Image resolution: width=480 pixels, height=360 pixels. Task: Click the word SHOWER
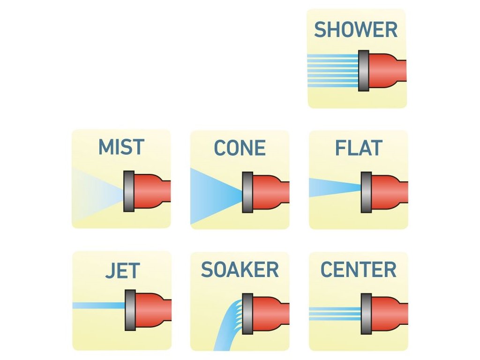(356, 30)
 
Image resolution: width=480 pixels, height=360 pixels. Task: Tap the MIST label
(121, 147)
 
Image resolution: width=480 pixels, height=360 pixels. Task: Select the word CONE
(240, 149)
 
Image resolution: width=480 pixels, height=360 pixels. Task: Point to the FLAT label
(359, 149)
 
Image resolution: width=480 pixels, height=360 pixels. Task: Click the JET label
(122, 271)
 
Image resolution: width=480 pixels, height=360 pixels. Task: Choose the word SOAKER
(240, 270)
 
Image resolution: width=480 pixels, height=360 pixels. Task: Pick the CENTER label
(358, 270)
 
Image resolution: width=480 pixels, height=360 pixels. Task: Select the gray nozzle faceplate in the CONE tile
(247, 192)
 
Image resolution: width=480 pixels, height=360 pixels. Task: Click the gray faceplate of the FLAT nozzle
(366, 192)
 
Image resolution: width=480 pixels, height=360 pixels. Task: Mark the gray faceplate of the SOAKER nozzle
(247, 310)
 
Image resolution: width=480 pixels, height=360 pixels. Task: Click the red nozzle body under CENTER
(386, 310)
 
